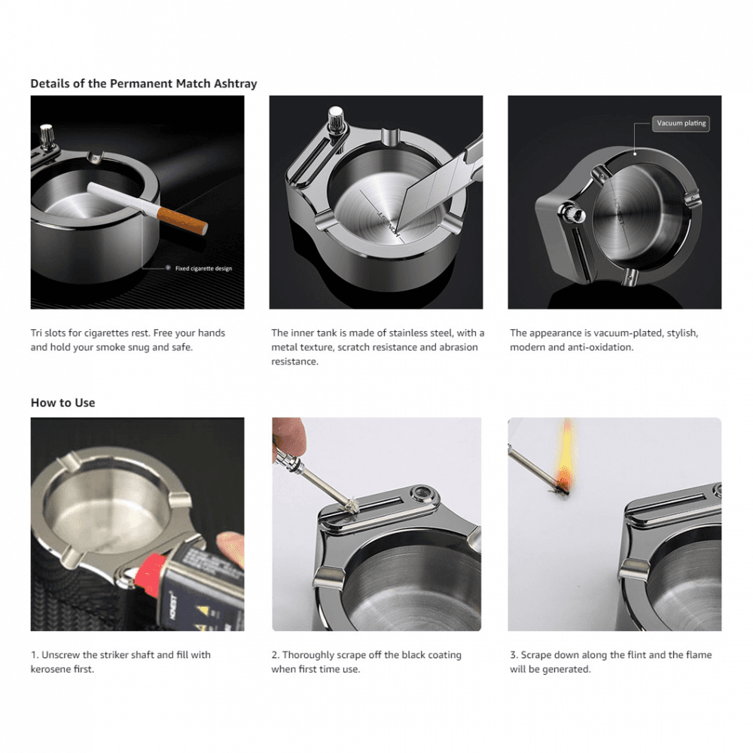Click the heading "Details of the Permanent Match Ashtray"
point(144,84)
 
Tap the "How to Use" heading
point(62,403)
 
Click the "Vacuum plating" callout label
point(681,123)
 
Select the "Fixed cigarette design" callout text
point(203,268)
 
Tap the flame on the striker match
point(566,452)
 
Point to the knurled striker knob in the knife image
point(336,119)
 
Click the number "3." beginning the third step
point(514,655)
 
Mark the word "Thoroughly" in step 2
point(309,655)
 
